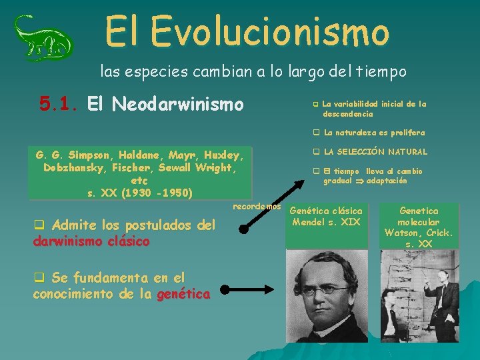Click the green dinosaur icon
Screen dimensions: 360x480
pyautogui.click(x=43, y=37)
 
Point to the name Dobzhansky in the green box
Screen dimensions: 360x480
pyautogui.click(x=73, y=168)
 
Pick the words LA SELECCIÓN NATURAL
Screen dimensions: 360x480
pyautogui.click(x=375, y=152)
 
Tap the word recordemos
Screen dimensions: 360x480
pyautogui.click(x=257, y=207)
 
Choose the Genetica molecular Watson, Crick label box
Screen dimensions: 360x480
pyautogui.click(x=419, y=227)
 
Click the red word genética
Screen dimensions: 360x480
pyautogui.click(x=183, y=294)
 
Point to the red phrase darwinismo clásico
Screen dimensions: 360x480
pyautogui.click(x=91, y=241)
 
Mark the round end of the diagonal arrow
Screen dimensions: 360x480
pyautogui.click(x=244, y=229)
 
